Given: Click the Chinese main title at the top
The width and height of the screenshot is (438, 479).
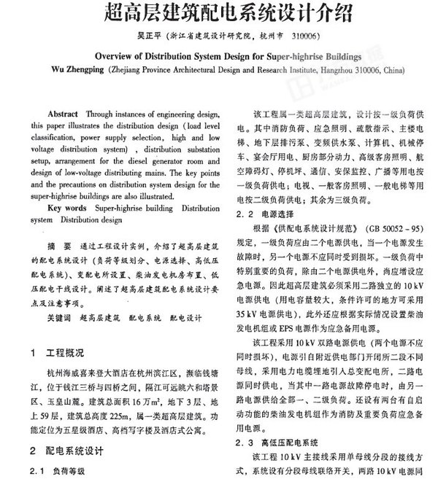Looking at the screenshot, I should [x=218, y=12].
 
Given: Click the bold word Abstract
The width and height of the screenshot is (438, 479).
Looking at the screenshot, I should [x=64, y=115].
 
